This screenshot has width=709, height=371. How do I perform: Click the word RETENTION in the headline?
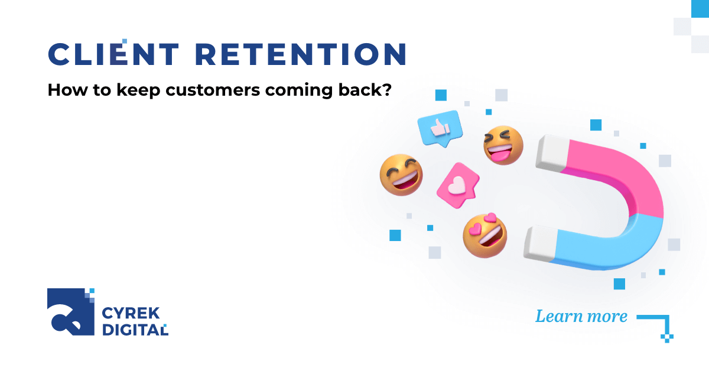point(300,54)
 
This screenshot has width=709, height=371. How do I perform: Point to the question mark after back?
point(387,92)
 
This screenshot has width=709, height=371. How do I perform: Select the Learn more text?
point(581,316)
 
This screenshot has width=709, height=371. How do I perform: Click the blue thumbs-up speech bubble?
point(438,127)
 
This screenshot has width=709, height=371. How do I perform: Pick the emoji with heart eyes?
point(484,236)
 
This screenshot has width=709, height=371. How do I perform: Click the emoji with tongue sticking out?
point(503,145)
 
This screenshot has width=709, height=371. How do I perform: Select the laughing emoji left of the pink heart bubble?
point(401,175)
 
